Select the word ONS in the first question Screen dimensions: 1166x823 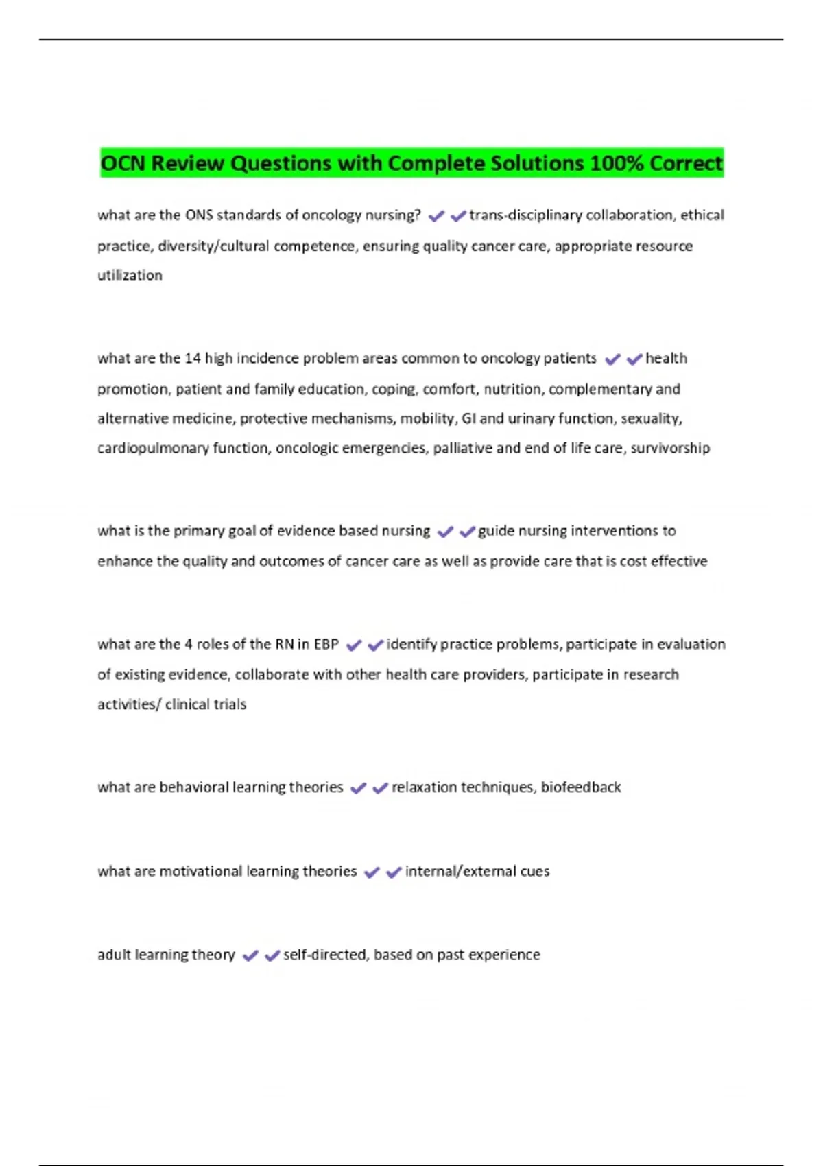[199, 215]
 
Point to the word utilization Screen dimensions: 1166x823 [130, 275]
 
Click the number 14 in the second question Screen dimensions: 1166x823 [192, 358]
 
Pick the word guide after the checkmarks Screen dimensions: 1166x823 [496, 531]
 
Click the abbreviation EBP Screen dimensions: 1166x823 [326, 644]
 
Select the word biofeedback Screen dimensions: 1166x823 [581, 787]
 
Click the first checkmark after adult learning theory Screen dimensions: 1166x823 [250, 955]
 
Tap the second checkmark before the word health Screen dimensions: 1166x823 [634, 359]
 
